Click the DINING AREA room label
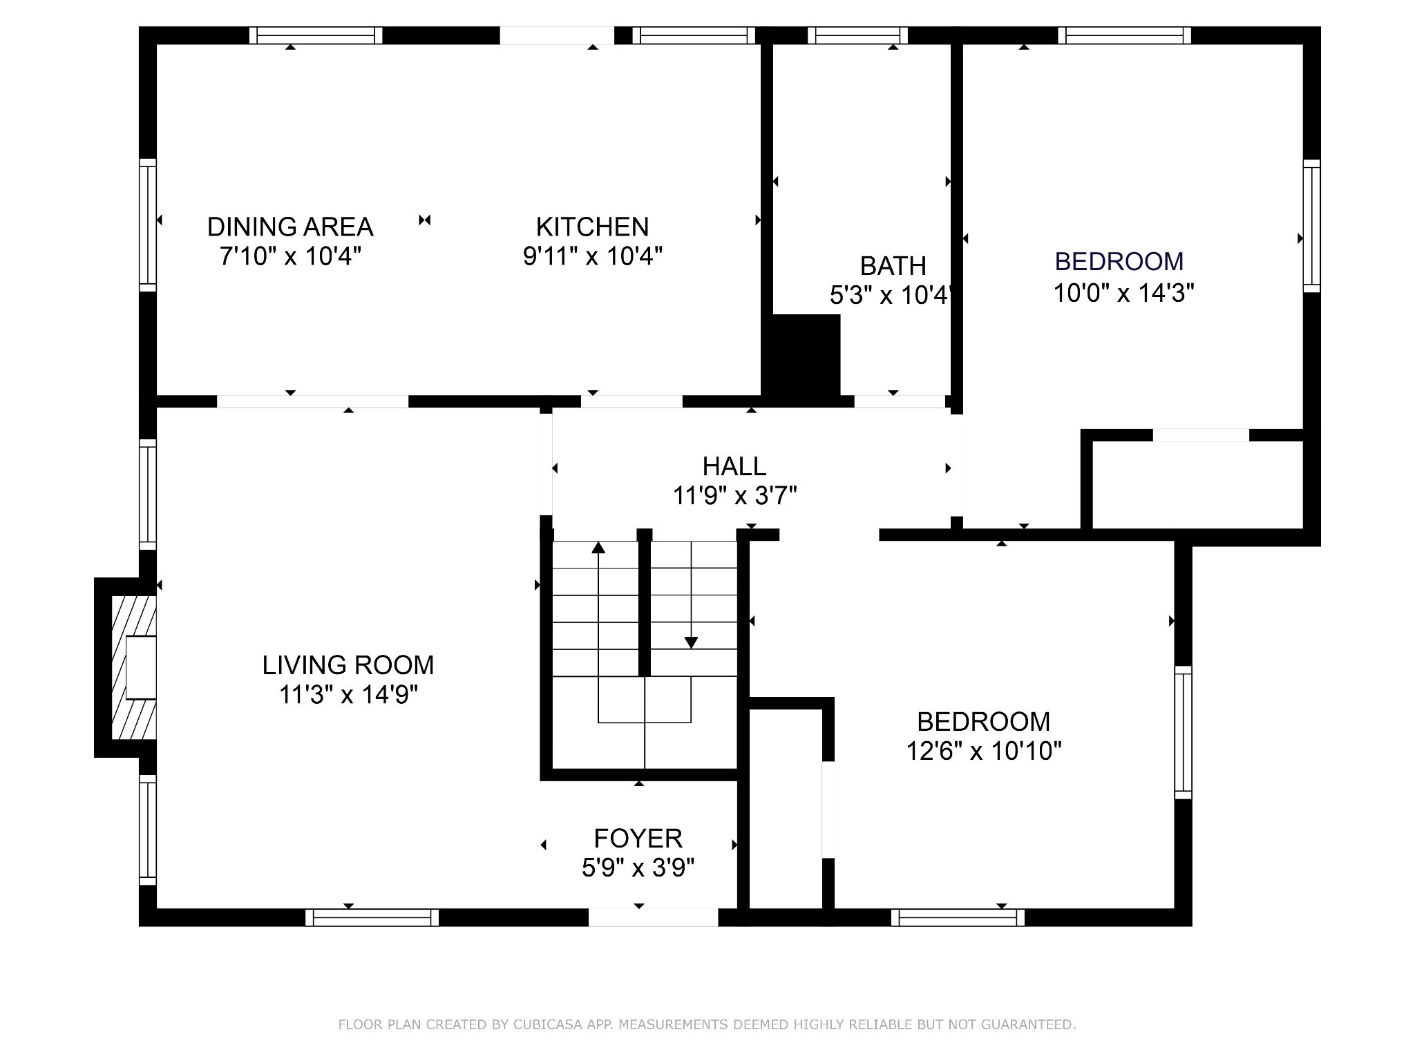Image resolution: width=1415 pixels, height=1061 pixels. coord(290,227)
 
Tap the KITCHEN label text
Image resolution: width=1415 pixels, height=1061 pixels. coord(593,227)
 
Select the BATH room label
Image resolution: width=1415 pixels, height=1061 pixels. coord(893,266)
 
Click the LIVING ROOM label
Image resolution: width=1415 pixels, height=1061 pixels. coord(348,665)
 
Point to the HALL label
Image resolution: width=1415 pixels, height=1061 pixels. coord(734,466)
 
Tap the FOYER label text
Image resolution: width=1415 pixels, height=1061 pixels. coord(638,838)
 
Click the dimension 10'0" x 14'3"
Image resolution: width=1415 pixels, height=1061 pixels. coord(1123,293)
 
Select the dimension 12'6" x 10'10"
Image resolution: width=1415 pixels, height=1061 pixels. coord(984,750)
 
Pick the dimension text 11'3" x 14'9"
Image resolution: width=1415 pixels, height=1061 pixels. coord(348,694)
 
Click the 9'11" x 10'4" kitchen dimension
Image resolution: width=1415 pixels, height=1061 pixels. coord(593,256)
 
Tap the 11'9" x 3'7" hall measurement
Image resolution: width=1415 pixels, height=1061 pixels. coord(735,495)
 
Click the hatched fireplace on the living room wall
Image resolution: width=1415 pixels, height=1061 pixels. coord(134,668)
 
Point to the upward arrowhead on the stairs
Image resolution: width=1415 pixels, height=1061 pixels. coord(598,548)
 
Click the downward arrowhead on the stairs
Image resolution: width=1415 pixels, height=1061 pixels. coord(691,642)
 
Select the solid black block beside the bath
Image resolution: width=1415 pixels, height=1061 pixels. coord(801,356)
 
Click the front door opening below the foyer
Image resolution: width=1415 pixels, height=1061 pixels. coord(654,917)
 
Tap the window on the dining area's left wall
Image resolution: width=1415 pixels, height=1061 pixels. coord(148,225)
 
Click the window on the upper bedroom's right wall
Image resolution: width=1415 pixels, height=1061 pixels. coord(1312,226)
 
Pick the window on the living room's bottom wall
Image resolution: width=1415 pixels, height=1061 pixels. coord(372,917)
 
